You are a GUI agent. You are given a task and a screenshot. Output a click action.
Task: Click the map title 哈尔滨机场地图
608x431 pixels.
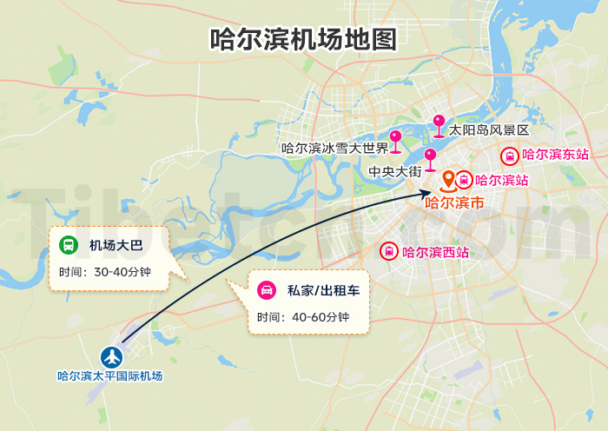(x=303, y=40)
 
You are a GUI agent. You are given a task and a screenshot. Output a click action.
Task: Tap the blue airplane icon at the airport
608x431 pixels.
(x=110, y=356)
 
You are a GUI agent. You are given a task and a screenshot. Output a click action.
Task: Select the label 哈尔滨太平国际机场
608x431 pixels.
(x=110, y=376)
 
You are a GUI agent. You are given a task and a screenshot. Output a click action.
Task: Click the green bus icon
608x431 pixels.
(x=68, y=246)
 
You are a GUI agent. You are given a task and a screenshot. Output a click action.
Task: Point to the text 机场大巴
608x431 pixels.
(x=116, y=246)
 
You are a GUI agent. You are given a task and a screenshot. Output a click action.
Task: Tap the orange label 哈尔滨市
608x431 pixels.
(x=454, y=203)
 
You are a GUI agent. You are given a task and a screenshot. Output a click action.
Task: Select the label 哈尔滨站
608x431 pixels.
(x=502, y=181)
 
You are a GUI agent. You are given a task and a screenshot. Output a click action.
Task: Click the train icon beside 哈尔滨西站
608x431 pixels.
(x=390, y=253)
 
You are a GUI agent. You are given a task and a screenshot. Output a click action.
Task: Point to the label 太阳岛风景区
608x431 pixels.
(x=488, y=130)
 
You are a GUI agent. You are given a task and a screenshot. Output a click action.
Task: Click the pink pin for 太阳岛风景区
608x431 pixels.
(x=439, y=123)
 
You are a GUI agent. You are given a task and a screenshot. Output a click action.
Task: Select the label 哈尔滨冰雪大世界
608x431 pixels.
(x=334, y=148)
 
